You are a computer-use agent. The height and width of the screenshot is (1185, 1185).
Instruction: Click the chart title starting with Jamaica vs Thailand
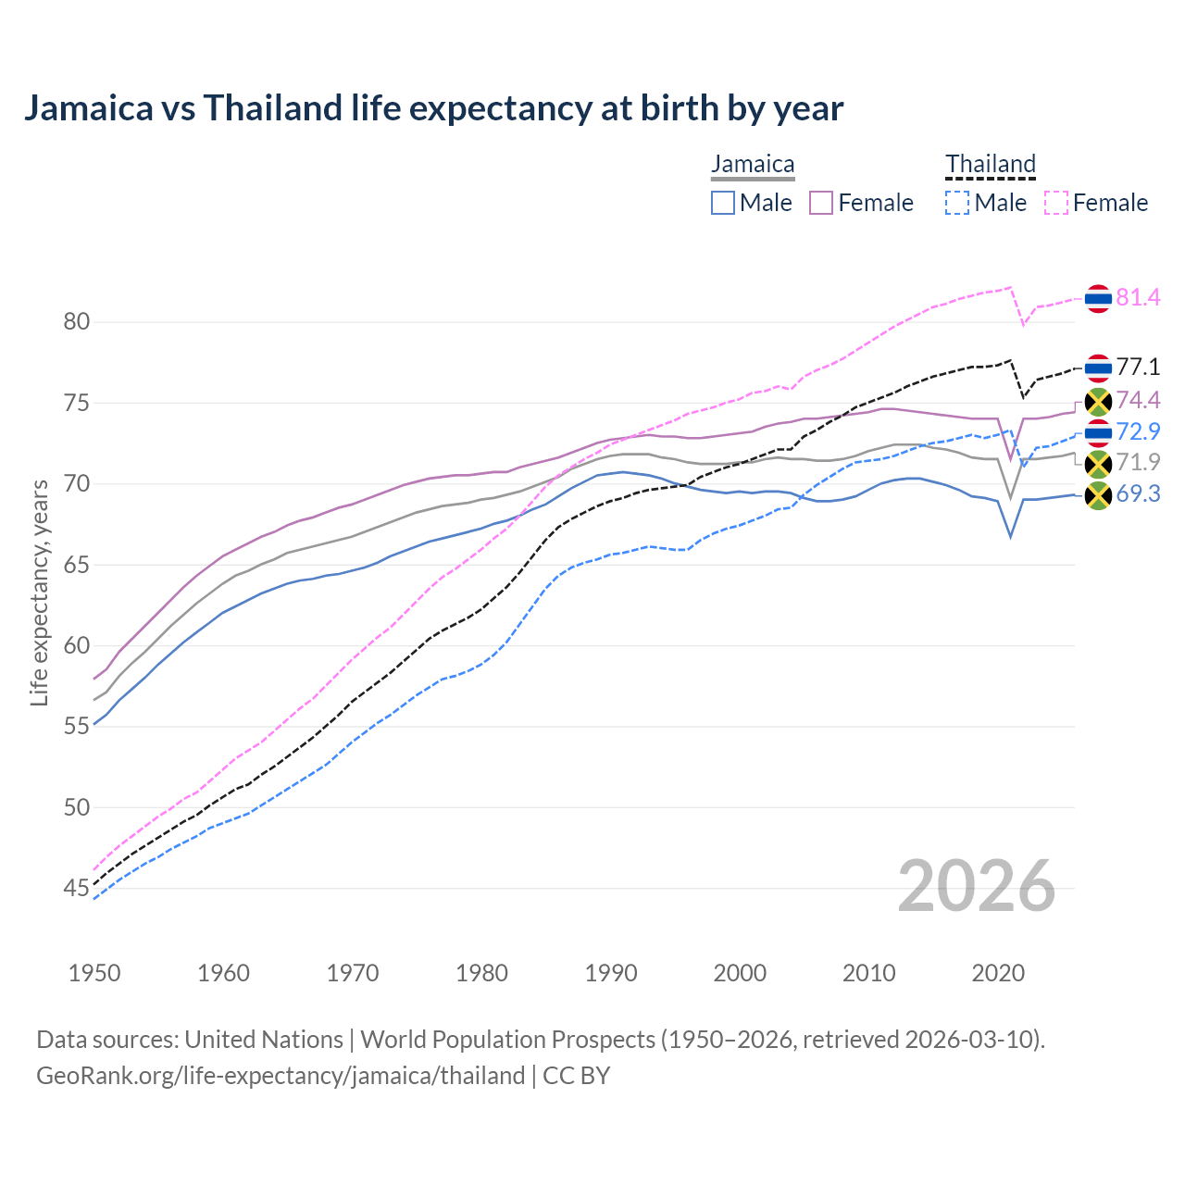pyautogui.click(x=433, y=108)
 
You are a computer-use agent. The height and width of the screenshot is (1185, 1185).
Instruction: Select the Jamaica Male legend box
pyautogui.click(x=723, y=203)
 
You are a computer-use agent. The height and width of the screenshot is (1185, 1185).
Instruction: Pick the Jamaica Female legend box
pyautogui.click(x=822, y=203)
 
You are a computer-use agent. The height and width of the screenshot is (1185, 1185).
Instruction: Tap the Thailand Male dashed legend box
pyautogui.click(x=957, y=203)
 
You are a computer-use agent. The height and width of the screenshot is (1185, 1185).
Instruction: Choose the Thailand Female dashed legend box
pyautogui.click(x=1056, y=203)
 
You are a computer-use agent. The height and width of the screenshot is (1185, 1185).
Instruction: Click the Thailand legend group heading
pyautogui.click(x=990, y=165)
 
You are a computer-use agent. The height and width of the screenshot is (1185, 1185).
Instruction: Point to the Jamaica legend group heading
pyautogui.click(x=753, y=165)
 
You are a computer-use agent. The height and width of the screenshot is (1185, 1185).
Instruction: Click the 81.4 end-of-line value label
pyautogui.click(x=1138, y=297)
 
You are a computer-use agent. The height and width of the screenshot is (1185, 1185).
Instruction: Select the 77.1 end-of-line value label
pyautogui.click(x=1138, y=367)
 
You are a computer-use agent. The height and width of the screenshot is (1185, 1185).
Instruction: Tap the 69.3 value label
pyautogui.click(x=1138, y=494)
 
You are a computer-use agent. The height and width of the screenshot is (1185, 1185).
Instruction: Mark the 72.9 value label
pyautogui.click(x=1138, y=431)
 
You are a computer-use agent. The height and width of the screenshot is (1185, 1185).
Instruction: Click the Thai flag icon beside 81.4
pyautogui.click(x=1098, y=298)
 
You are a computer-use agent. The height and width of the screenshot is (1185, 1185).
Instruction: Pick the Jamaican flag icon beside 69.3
pyautogui.click(x=1098, y=495)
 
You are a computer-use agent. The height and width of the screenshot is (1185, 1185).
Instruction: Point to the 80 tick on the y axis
pyautogui.click(x=76, y=322)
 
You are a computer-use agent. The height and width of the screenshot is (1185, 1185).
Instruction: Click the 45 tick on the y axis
pyautogui.click(x=76, y=889)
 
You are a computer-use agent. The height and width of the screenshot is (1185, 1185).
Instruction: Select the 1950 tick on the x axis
pyautogui.click(x=94, y=973)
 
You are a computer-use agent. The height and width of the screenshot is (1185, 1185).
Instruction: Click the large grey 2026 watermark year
pyautogui.click(x=976, y=887)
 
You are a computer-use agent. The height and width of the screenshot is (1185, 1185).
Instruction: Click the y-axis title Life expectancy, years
pyautogui.click(x=39, y=592)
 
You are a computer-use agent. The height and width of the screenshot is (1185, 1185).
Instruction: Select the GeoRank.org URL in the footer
pyautogui.click(x=281, y=1076)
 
